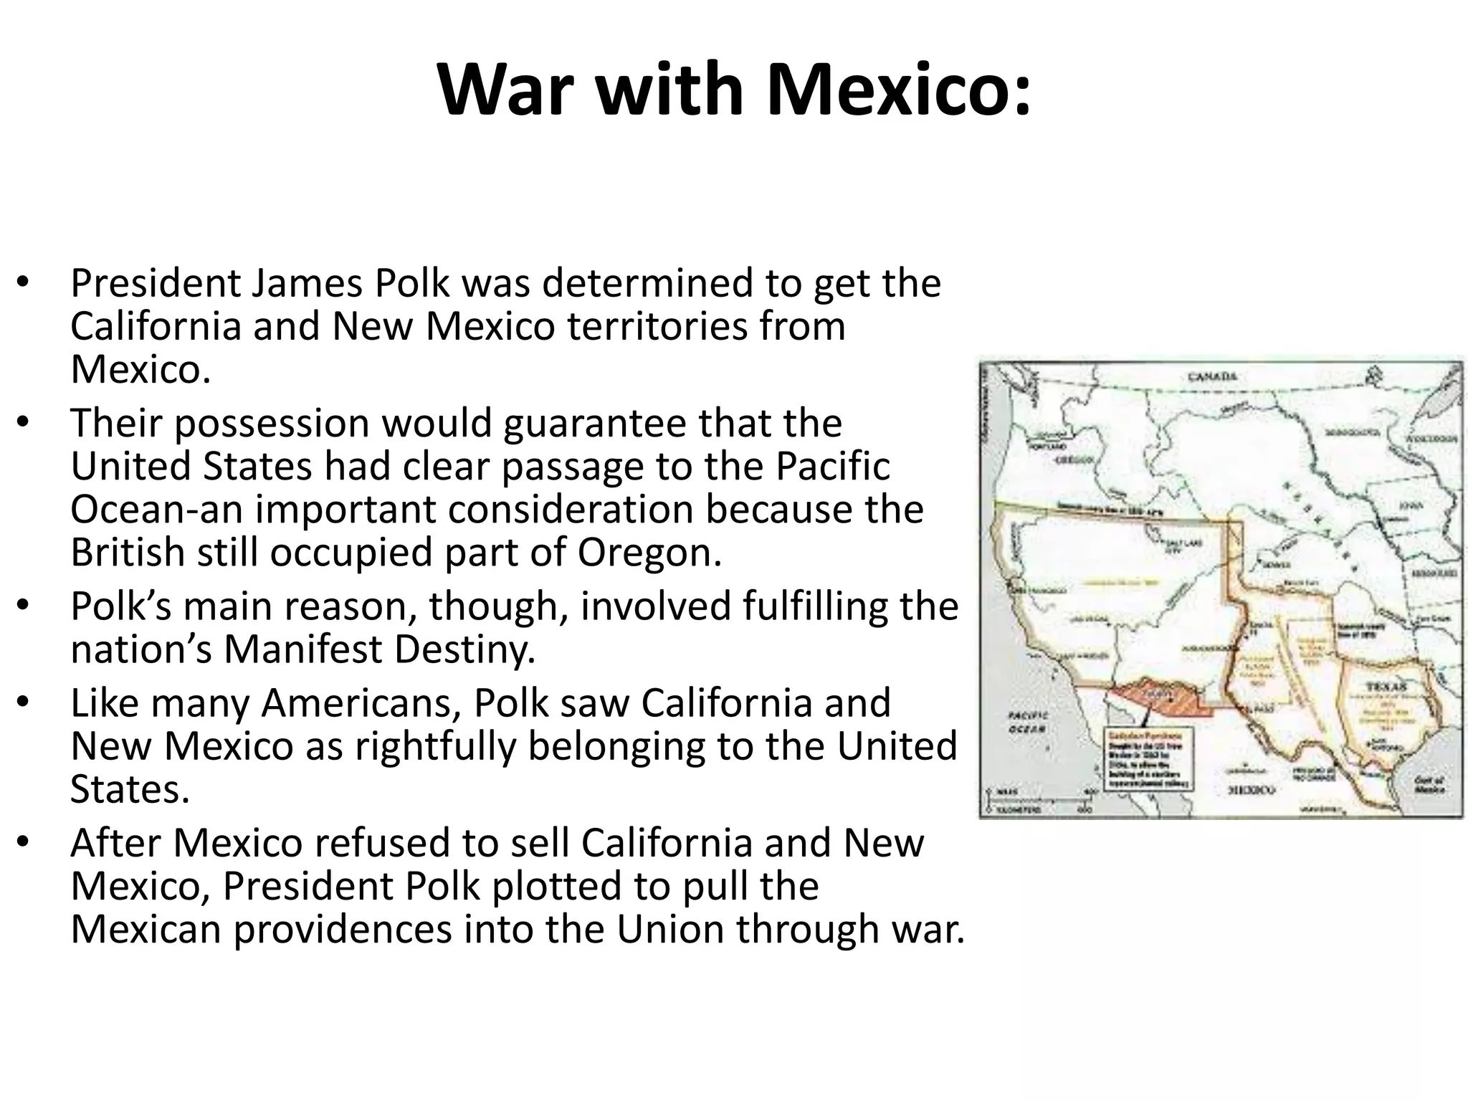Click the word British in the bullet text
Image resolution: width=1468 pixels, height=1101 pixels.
pyautogui.click(x=128, y=553)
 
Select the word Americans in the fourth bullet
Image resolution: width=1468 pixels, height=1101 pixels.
pyautogui.click(x=361, y=703)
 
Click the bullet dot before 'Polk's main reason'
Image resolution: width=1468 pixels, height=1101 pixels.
pyautogui.click(x=23, y=606)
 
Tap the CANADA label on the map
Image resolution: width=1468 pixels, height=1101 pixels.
pyautogui.click(x=1212, y=376)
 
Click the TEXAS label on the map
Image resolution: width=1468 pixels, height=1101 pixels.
pyautogui.click(x=1385, y=687)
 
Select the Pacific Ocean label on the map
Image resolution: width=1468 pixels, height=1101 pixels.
pyautogui.click(x=1028, y=723)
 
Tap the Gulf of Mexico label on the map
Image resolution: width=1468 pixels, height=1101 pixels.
pyautogui.click(x=1429, y=785)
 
